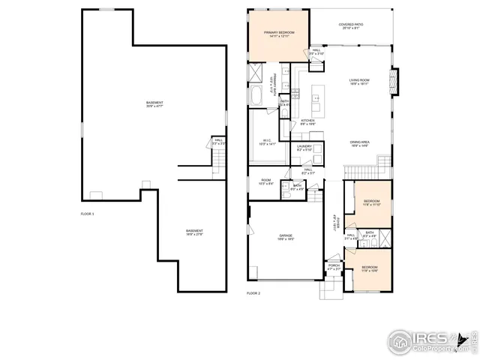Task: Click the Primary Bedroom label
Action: coord(278,35)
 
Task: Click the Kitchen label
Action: coord(307,122)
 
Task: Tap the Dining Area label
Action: coord(360,144)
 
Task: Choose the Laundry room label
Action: coord(304,148)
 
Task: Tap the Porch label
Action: coord(334,266)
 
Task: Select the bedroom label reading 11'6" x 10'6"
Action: coord(370,269)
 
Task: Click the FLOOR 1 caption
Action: coord(88,214)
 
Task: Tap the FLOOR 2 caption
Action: coord(253,293)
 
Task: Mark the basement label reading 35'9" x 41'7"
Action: coord(154,104)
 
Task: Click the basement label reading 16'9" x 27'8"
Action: coord(194,232)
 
